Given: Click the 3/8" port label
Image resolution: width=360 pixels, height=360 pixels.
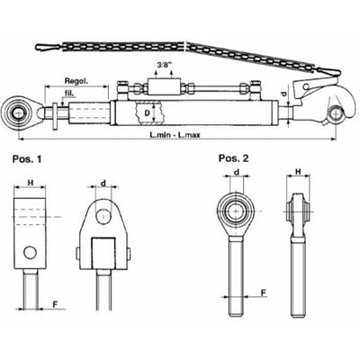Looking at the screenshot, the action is coord(164,65).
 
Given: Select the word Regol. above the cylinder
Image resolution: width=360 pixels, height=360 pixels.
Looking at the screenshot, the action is coord(76,81).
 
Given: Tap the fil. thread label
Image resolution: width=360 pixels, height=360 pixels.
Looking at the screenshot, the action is coord(69,94).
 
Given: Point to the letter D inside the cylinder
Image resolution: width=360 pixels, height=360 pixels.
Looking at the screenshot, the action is coord(147,113).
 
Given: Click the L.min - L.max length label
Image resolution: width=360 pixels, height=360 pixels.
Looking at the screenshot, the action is coord(175,135).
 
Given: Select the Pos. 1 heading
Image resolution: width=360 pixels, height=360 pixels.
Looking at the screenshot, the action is coord(27,159).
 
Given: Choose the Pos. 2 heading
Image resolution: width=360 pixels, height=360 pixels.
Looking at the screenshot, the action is coord(234,158).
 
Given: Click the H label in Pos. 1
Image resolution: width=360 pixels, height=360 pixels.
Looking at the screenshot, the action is coord(31,182).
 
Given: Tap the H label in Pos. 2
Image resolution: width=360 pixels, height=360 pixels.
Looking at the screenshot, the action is coord(298,171).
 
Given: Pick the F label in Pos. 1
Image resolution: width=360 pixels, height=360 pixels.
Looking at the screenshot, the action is coord(56,304).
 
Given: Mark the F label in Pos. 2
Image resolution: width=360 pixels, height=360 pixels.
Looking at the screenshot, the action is coord(263,292).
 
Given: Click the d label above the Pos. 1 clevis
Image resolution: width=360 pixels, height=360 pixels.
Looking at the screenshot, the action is coord(103,183).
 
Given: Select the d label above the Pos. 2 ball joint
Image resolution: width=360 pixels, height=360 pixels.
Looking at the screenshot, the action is coord(237,172).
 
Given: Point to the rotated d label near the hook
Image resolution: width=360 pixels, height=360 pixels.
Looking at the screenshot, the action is coord(283,94).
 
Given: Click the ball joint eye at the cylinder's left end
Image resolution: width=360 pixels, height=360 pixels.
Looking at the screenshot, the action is coord(18,113).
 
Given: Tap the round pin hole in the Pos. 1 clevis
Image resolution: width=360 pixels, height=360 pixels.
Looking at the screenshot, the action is coord(103,216).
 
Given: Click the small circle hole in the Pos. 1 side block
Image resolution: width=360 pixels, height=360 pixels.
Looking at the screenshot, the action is coord(30,253).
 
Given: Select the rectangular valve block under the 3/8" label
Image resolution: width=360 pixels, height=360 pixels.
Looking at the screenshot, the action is coord(164,87).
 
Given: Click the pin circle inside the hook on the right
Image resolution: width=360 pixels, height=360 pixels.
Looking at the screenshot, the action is coord(335,114).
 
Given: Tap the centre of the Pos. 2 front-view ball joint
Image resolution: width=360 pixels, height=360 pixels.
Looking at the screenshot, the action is coord(237,211).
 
